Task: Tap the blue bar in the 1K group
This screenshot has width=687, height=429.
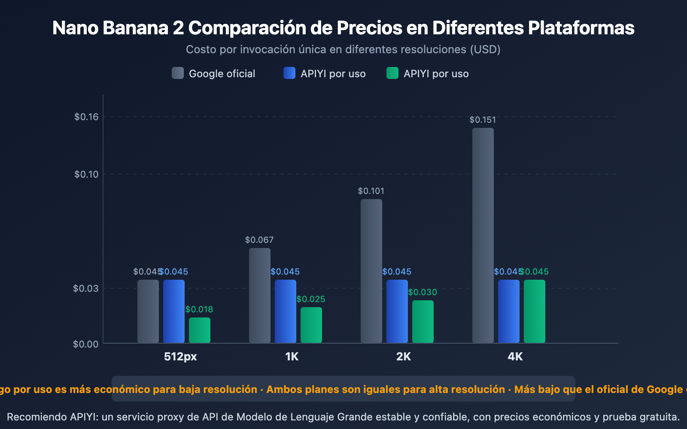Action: coord(286,311)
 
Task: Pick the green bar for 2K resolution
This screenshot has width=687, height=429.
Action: coord(423,321)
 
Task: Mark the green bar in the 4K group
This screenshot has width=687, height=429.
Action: coord(535,311)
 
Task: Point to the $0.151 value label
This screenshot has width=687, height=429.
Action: coord(483,120)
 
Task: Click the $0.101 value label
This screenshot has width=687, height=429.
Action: coord(371,191)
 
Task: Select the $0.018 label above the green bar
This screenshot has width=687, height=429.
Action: coord(199,309)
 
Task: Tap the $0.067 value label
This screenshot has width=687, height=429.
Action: coord(259,240)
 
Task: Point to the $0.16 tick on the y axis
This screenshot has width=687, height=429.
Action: coord(86,117)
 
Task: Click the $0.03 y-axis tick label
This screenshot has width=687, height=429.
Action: coord(86,288)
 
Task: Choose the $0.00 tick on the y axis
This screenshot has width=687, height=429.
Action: coord(86,344)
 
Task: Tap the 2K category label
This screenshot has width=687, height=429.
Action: coord(404,356)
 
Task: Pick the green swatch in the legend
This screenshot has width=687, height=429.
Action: coord(392,73)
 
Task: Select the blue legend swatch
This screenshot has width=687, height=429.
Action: coord(289,73)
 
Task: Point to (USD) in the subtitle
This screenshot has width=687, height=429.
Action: coord(485,49)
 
